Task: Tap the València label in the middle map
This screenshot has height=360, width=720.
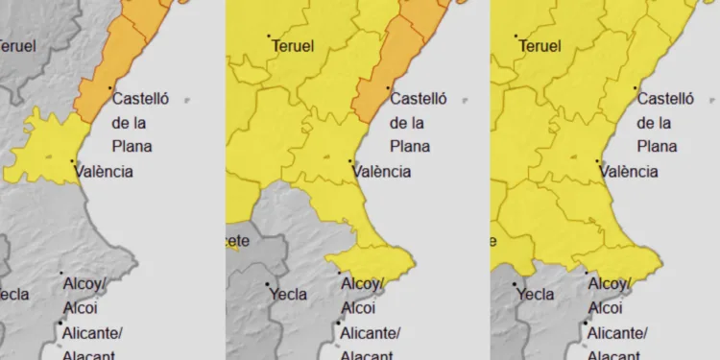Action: tap(382, 172)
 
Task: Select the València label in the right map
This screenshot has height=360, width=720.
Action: tap(630, 172)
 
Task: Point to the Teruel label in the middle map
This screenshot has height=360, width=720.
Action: tap(294, 45)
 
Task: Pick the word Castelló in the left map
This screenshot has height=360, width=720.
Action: tap(145, 98)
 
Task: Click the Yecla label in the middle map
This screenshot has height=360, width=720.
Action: tap(288, 295)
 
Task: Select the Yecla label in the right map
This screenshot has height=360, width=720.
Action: tap(536, 295)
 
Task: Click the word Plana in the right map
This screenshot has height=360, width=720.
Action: tap(657, 146)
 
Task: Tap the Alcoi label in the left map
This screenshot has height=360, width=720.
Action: tap(79, 308)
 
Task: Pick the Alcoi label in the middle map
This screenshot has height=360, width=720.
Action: tap(358, 308)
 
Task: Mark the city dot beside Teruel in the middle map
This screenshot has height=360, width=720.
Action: tap(270, 37)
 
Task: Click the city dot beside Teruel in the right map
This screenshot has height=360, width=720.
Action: tap(517, 37)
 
